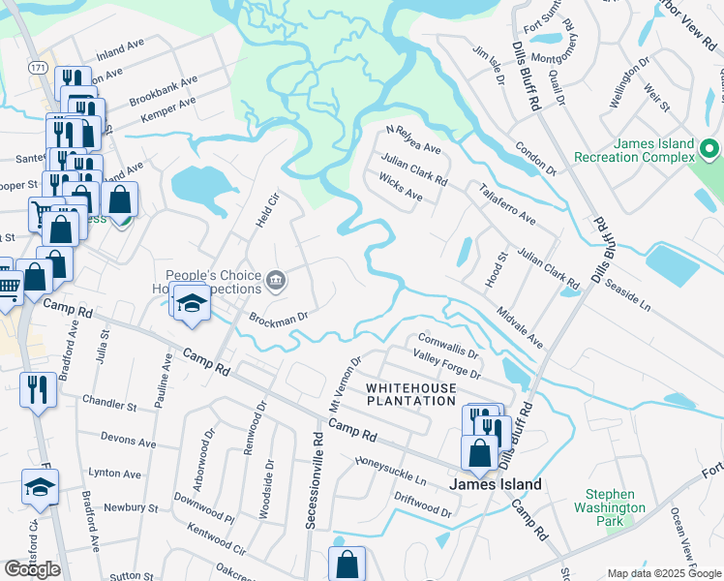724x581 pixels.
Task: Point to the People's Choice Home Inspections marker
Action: pyautogui.click(x=276, y=282)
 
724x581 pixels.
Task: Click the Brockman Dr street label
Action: pyautogui.click(x=278, y=317)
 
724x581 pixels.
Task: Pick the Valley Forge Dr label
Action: pyautogui.click(x=447, y=365)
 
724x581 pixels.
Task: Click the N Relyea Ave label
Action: pyautogui.click(x=413, y=142)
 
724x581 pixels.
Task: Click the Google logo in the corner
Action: pyautogui.click(x=32, y=568)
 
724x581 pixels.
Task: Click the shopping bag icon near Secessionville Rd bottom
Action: pyautogui.click(x=347, y=565)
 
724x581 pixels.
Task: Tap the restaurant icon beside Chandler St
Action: pyautogui.click(x=38, y=390)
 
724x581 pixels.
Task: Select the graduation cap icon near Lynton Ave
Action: pyautogui.click(x=40, y=487)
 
